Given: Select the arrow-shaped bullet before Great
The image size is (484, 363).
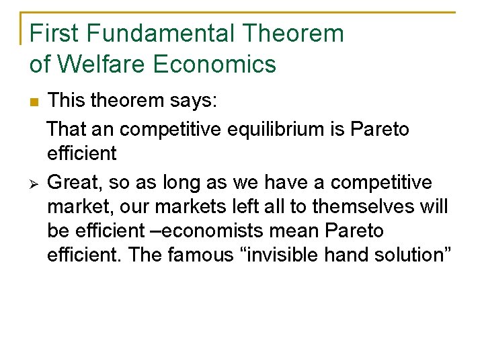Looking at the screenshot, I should coord(34,182).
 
